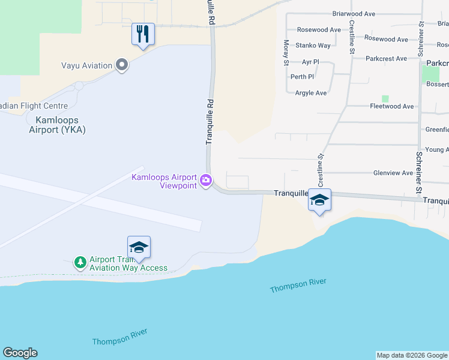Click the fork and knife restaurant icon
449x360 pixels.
click(143, 34)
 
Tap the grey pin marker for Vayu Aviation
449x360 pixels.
click(122, 65)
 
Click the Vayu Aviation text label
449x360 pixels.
click(87, 65)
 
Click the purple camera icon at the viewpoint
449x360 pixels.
click(206, 180)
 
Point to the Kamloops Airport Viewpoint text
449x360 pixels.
click(164, 181)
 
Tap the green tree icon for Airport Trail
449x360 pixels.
click(80, 262)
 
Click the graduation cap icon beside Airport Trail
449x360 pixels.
click(139, 247)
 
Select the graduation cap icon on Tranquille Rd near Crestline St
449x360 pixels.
click(319, 200)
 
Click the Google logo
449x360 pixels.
click(20, 353)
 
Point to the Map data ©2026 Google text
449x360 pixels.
click(411, 355)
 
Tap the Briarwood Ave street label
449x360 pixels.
click(354, 13)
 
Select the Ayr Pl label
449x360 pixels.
click(310, 62)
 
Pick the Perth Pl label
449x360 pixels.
click(302, 77)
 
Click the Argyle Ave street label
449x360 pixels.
click(311, 93)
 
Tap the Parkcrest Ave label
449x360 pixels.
click(386, 59)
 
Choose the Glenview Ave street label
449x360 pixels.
click(393, 173)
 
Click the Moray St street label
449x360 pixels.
click(286, 49)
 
